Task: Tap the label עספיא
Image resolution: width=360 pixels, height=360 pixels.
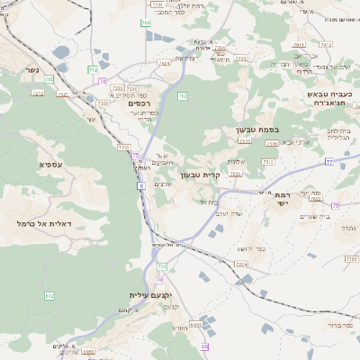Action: click(49, 164)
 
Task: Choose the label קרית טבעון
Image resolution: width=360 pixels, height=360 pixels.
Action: click(201, 175)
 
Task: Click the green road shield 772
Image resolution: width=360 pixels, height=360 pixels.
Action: click(92, 70)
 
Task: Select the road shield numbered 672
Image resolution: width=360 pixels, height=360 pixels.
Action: click(49, 295)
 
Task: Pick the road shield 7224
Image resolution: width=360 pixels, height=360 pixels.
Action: click(240, 264)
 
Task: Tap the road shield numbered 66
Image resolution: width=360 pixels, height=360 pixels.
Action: click(205, 346)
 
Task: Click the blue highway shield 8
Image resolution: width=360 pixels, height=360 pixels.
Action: click(141, 186)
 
